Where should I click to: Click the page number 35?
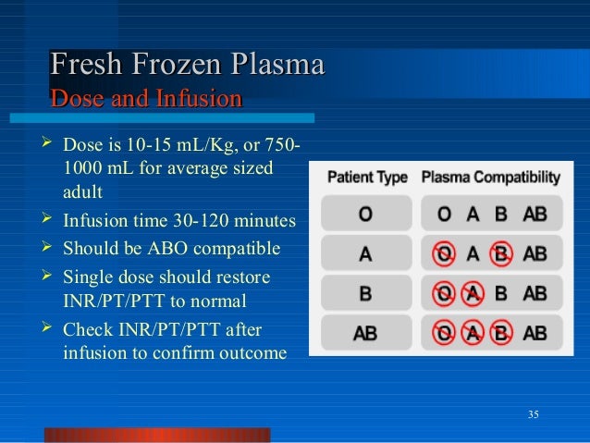point(533,412)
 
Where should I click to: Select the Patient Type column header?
point(366,177)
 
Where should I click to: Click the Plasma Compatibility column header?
point(490,177)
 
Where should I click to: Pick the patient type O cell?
point(365,215)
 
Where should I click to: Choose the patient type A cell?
point(365,254)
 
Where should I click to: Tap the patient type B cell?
point(365,294)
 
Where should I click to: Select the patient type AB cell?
point(365,334)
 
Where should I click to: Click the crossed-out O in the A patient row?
point(446,254)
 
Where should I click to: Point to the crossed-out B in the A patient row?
point(500,254)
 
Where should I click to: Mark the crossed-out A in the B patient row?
point(473,294)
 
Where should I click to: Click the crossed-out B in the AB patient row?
point(500,334)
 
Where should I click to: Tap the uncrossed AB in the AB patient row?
point(535,334)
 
